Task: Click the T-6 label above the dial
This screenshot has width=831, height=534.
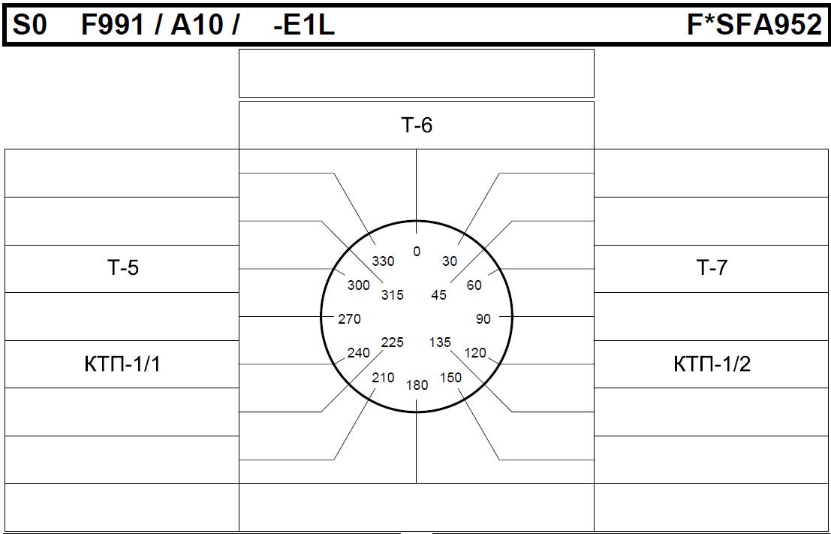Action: pyautogui.click(x=417, y=125)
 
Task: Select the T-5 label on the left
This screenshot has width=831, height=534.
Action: pyautogui.click(x=122, y=268)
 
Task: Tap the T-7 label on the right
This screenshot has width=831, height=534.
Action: pyautogui.click(x=712, y=268)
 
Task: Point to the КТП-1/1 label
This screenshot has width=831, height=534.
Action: pyautogui.click(x=122, y=364)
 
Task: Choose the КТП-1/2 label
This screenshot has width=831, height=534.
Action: pyautogui.click(x=712, y=364)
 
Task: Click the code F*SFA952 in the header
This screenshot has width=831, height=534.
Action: pyautogui.click(x=754, y=25)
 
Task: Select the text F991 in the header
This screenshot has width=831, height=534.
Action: pyautogui.click(x=113, y=25)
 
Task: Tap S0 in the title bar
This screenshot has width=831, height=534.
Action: pyautogui.click(x=30, y=25)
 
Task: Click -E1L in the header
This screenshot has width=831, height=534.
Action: pyautogui.click(x=304, y=25)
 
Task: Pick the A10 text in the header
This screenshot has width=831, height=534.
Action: pyautogui.click(x=197, y=25)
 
